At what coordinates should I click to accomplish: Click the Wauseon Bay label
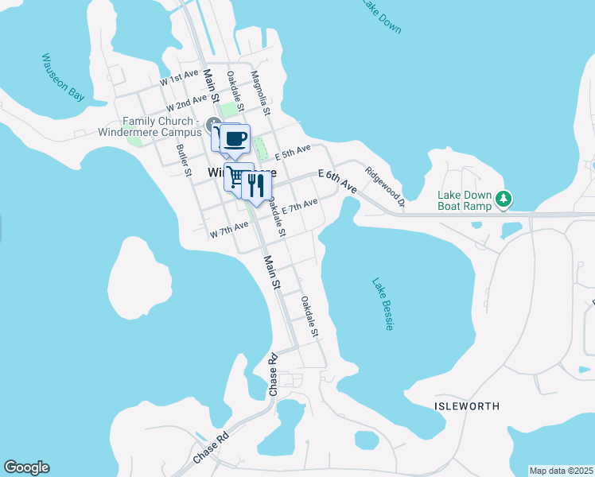pyautogui.click(x=63, y=78)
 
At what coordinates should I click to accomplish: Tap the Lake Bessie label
pyautogui.click(x=383, y=304)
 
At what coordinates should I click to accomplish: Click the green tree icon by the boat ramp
pyautogui.click(x=503, y=199)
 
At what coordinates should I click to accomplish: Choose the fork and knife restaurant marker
pyautogui.click(x=256, y=186)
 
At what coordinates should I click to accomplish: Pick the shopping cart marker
pyautogui.click(x=237, y=176)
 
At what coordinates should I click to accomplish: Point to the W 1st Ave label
pyautogui.click(x=178, y=77)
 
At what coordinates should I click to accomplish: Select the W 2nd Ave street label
pyautogui.click(x=186, y=103)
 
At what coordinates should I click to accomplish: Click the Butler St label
pyautogui.click(x=184, y=159)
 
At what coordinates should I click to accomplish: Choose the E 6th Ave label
pyautogui.click(x=337, y=179)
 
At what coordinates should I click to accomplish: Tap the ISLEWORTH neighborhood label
pyautogui.click(x=467, y=405)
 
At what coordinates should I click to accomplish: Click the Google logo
pyautogui.click(x=26, y=467)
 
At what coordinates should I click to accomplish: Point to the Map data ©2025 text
pyautogui.click(x=561, y=471)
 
